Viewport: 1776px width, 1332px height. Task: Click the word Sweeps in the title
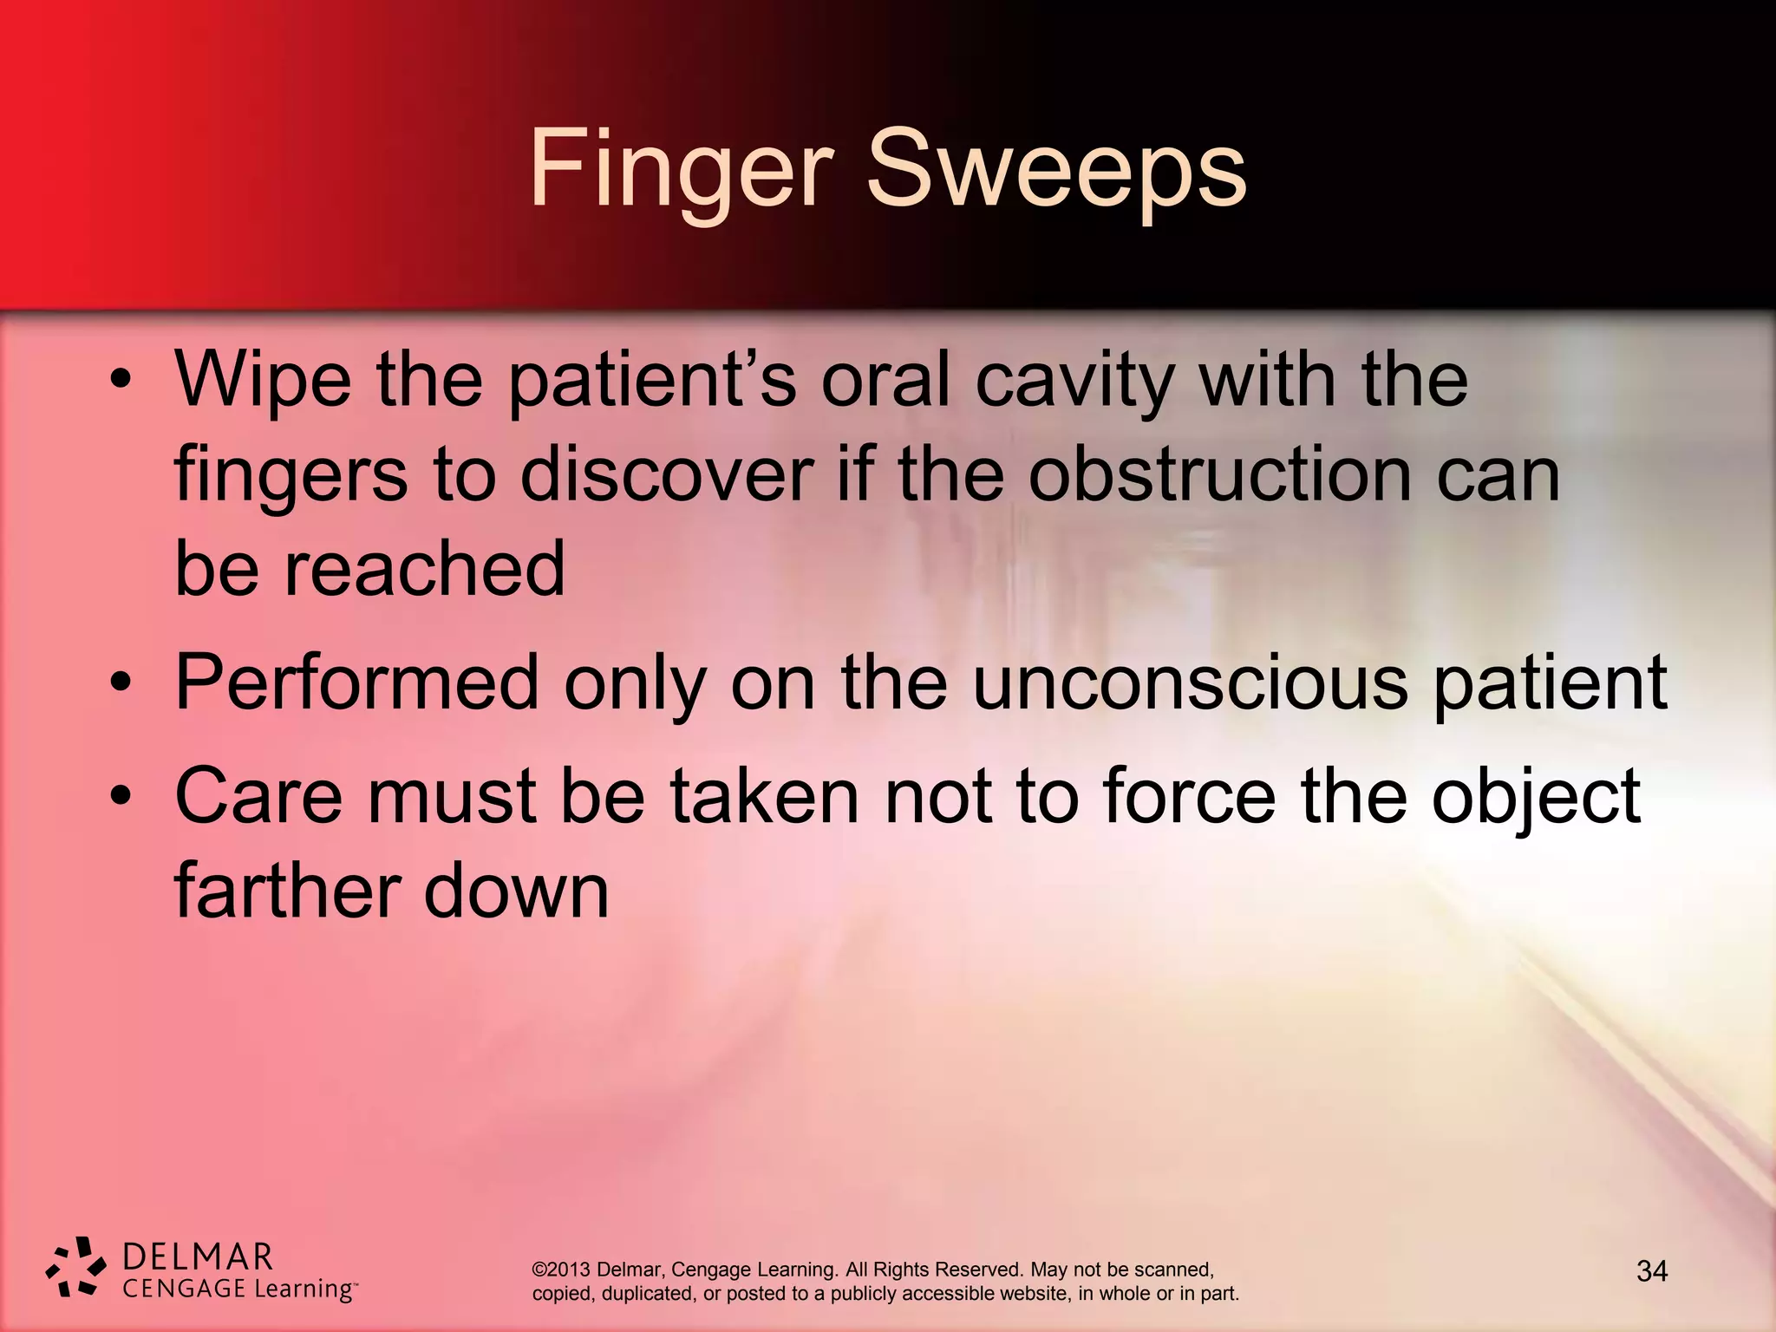click(1056, 169)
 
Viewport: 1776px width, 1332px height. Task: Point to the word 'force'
click(1189, 795)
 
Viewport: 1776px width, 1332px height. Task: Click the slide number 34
click(1651, 1271)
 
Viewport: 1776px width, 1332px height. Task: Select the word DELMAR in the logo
click(198, 1257)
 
